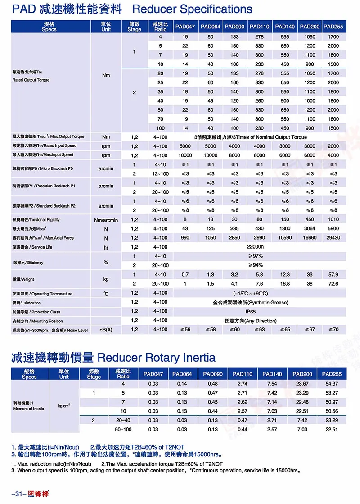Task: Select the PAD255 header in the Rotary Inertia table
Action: pos(332,374)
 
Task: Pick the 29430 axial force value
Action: pos(333,238)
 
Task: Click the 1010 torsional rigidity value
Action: pos(333,220)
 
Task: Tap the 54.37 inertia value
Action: pos(332,383)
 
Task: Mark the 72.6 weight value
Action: pos(333,284)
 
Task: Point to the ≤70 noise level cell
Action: pos(333,330)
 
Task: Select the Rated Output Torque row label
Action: pos(31,80)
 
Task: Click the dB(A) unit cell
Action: pos(106,330)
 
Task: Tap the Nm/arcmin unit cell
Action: pos(106,220)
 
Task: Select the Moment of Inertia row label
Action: pos(28,409)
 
